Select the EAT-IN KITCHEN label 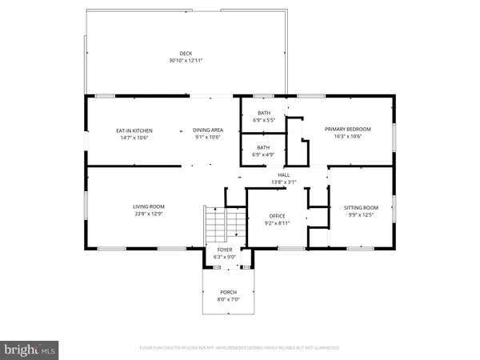(134, 130)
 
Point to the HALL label (284, 175)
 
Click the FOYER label (225, 250)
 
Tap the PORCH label (228, 292)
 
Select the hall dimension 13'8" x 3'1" (284, 182)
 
